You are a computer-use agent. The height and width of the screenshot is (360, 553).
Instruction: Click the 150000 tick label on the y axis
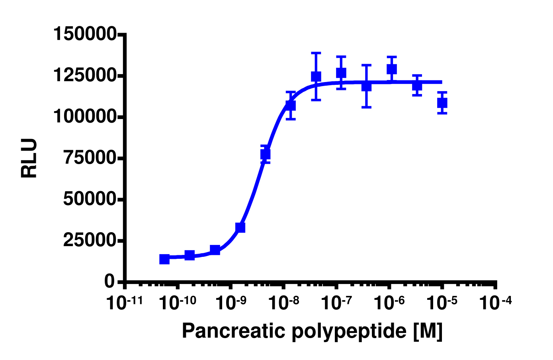pyautogui.click(x=85, y=34)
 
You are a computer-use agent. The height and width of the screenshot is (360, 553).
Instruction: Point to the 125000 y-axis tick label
pyautogui.click(x=85, y=75)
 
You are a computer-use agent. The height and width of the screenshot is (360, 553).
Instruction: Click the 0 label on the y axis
pyautogui.click(x=109, y=282)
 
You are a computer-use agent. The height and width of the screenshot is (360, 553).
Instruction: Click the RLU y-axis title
pyautogui.click(x=29, y=158)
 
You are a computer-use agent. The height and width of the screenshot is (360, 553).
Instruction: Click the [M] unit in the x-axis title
pyautogui.click(x=428, y=331)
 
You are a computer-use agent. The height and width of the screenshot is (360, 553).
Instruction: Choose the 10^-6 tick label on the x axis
pyautogui.click(x=389, y=303)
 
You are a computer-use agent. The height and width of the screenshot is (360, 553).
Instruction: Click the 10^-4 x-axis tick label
pyautogui.click(x=495, y=303)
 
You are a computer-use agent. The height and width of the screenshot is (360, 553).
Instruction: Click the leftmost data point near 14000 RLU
pyautogui.click(x=164, y=259)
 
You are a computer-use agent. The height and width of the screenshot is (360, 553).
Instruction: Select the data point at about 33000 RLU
pyautogui.click(x=240, y=227)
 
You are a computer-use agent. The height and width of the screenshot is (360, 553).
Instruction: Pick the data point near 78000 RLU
pyautogui.click(x=266, y=154)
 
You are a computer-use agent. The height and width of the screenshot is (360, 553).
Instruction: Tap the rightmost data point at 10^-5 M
pyautogui.click(x=442, y=103)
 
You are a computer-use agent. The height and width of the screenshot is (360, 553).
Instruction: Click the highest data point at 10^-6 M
pyautogui.click(x=392, y=69)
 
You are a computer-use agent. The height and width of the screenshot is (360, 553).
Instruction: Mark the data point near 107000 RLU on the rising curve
pyautogui.click(x=291, y=105)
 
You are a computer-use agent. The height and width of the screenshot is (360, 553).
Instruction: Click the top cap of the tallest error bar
pyautogui.click(x=316, y=53)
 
